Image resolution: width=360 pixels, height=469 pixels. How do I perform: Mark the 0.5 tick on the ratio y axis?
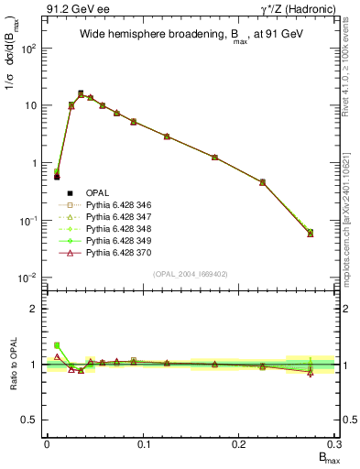pos(32,420)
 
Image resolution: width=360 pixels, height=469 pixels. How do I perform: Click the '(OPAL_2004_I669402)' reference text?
pos(191,273)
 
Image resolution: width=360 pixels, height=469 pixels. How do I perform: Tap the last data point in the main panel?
pos(311,233)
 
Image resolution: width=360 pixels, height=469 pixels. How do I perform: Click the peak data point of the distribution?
pos(81,93)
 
